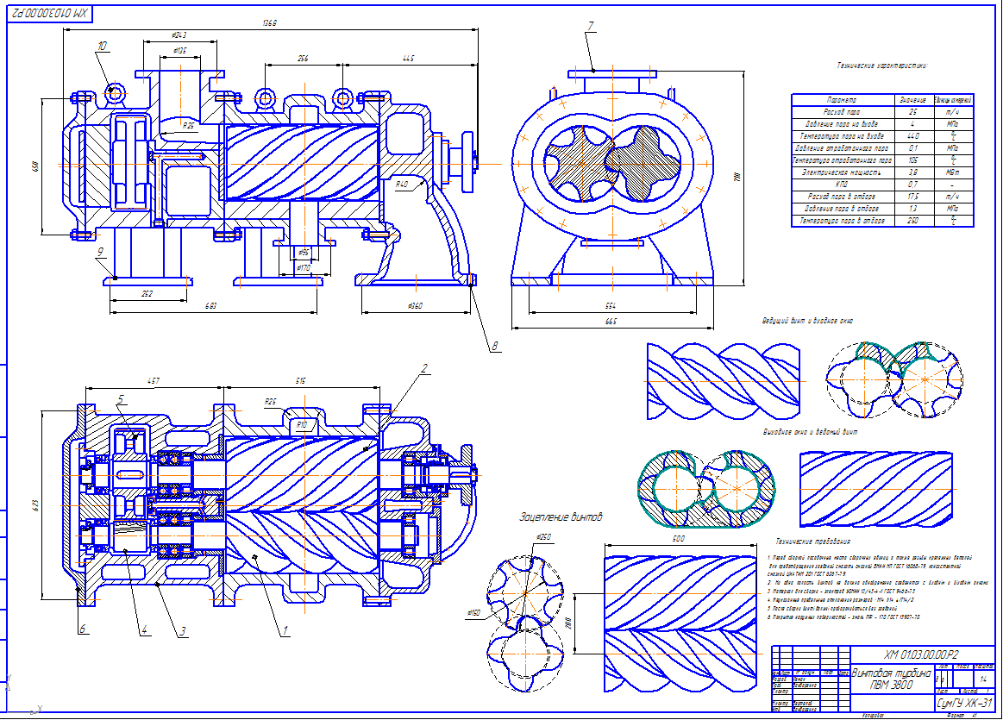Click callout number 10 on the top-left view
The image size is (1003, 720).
point(103,46)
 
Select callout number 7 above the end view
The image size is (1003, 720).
point(591,26)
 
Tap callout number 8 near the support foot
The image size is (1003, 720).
point(494,347)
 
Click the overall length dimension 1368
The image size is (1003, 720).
point(271,22)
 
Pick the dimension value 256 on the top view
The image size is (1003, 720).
point(303,59)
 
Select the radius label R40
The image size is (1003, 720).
point(402,185)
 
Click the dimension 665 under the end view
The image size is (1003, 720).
point(611,322)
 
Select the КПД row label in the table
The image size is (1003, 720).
point(841,185)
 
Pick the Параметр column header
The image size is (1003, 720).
point(841,100)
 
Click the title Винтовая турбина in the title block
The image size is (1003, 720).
point(891,673)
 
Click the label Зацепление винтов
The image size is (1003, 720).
point(561,517)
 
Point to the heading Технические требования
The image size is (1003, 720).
point(812,542)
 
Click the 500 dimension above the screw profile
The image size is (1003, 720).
point(679,539)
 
